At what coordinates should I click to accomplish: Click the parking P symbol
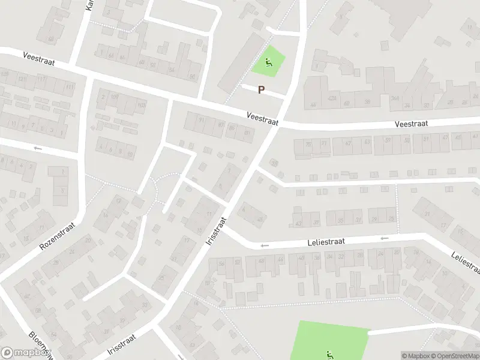coord(261,90)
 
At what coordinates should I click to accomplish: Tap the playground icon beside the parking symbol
coord(268,61)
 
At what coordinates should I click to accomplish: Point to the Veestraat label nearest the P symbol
coord(263,118)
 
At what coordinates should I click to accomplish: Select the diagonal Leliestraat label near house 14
coord(465,263)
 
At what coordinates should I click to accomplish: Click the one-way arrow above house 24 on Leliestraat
coord(385,238)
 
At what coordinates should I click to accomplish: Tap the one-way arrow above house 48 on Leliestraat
coord(265,245)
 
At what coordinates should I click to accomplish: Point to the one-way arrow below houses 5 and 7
coord(38,148)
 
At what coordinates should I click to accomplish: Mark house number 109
coord(115,96)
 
